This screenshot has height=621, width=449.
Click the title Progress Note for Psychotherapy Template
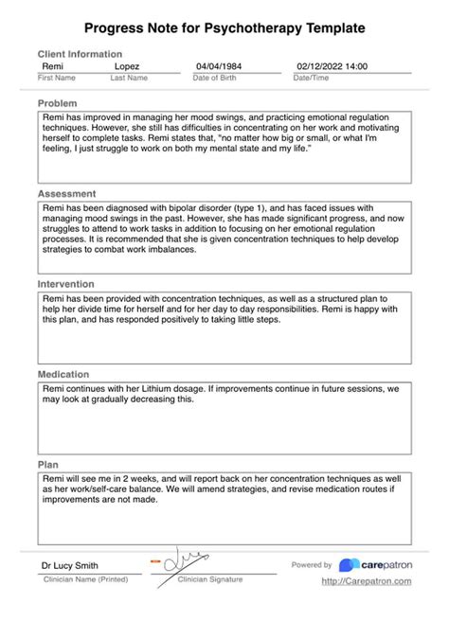(x=224, y=30)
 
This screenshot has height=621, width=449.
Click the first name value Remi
(x=53, y=67)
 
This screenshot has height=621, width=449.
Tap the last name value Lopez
(x=127, y=67)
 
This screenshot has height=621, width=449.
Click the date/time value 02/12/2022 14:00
(x=332, y=67)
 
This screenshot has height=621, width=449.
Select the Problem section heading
(x=57, y=101)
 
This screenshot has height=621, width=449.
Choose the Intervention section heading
(x=66, y=283)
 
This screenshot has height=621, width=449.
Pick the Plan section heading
(x=47, y=465)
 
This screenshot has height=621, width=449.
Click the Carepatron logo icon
(x=348, y=565)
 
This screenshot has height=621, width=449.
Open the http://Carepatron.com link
(x=366, y=581)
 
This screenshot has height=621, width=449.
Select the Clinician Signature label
(x=209, y=578)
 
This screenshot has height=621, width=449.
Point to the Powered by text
(x=312, y=565)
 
